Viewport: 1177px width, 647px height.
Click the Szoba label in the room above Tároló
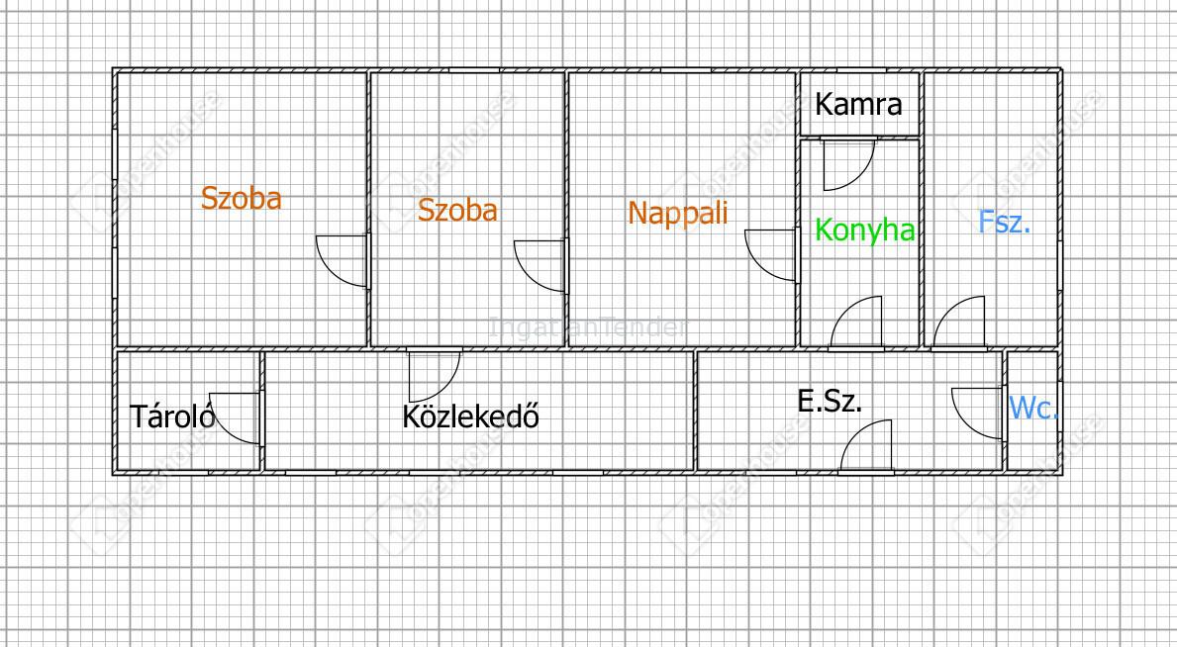click(242, 198)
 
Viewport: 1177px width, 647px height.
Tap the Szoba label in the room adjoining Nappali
click(457, 210)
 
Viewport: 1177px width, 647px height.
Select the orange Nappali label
click(678, 213)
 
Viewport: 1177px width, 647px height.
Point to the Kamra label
click(859, 104)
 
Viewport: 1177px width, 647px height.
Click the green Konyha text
click(864, 231)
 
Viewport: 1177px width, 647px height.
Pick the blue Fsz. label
click(1005, 222)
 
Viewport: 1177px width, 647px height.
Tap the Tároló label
click(172, 416)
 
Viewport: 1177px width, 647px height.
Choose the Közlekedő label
click(470, 416)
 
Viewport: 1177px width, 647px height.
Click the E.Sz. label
click(830, 401)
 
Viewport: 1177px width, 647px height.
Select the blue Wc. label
click(1032, 408)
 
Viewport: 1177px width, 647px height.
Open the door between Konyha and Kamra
click(848, 163)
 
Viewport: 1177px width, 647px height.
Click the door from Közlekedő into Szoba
click(434, 374)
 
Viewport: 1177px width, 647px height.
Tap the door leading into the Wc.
click(978, 412)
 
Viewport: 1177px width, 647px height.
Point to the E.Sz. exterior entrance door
click(867, 444)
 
